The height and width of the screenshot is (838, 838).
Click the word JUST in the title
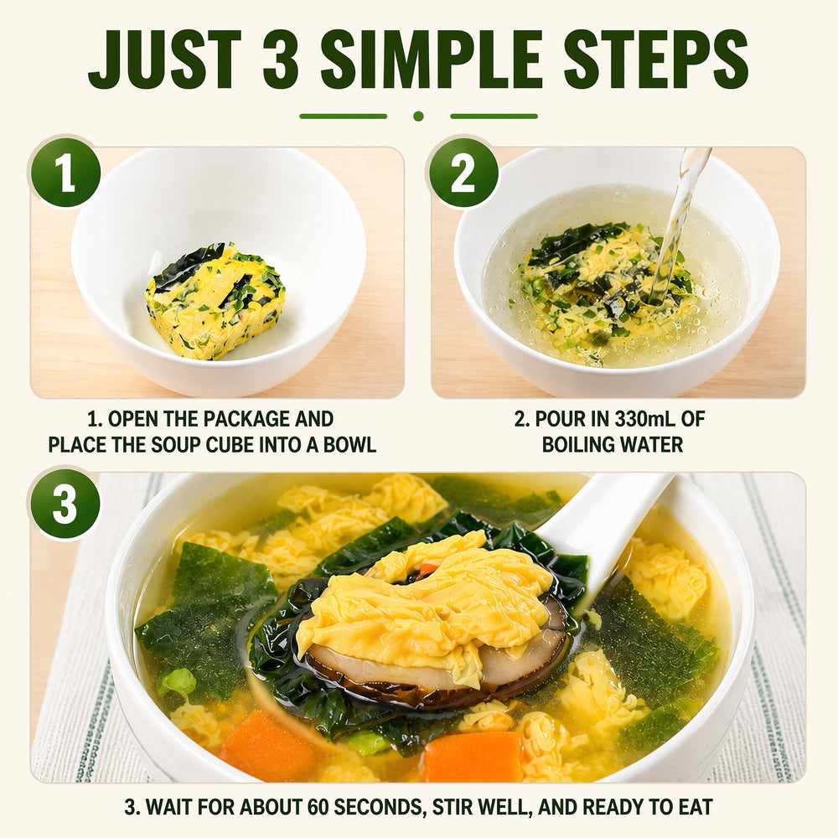coord(165,59)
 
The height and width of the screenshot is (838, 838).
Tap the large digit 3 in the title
coord(281,59)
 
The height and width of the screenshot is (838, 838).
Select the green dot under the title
coord(418,116)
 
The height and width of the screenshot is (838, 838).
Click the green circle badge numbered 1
coord(65,173)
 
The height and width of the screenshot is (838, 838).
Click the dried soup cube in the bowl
coord(215,302)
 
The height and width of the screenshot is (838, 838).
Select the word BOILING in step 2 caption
coord(577,445)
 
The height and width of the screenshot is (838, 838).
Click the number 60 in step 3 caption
coord(318,807)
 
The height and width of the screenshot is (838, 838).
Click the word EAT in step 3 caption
coord(694,807)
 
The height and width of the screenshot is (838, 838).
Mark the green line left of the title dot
coord(343,116)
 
